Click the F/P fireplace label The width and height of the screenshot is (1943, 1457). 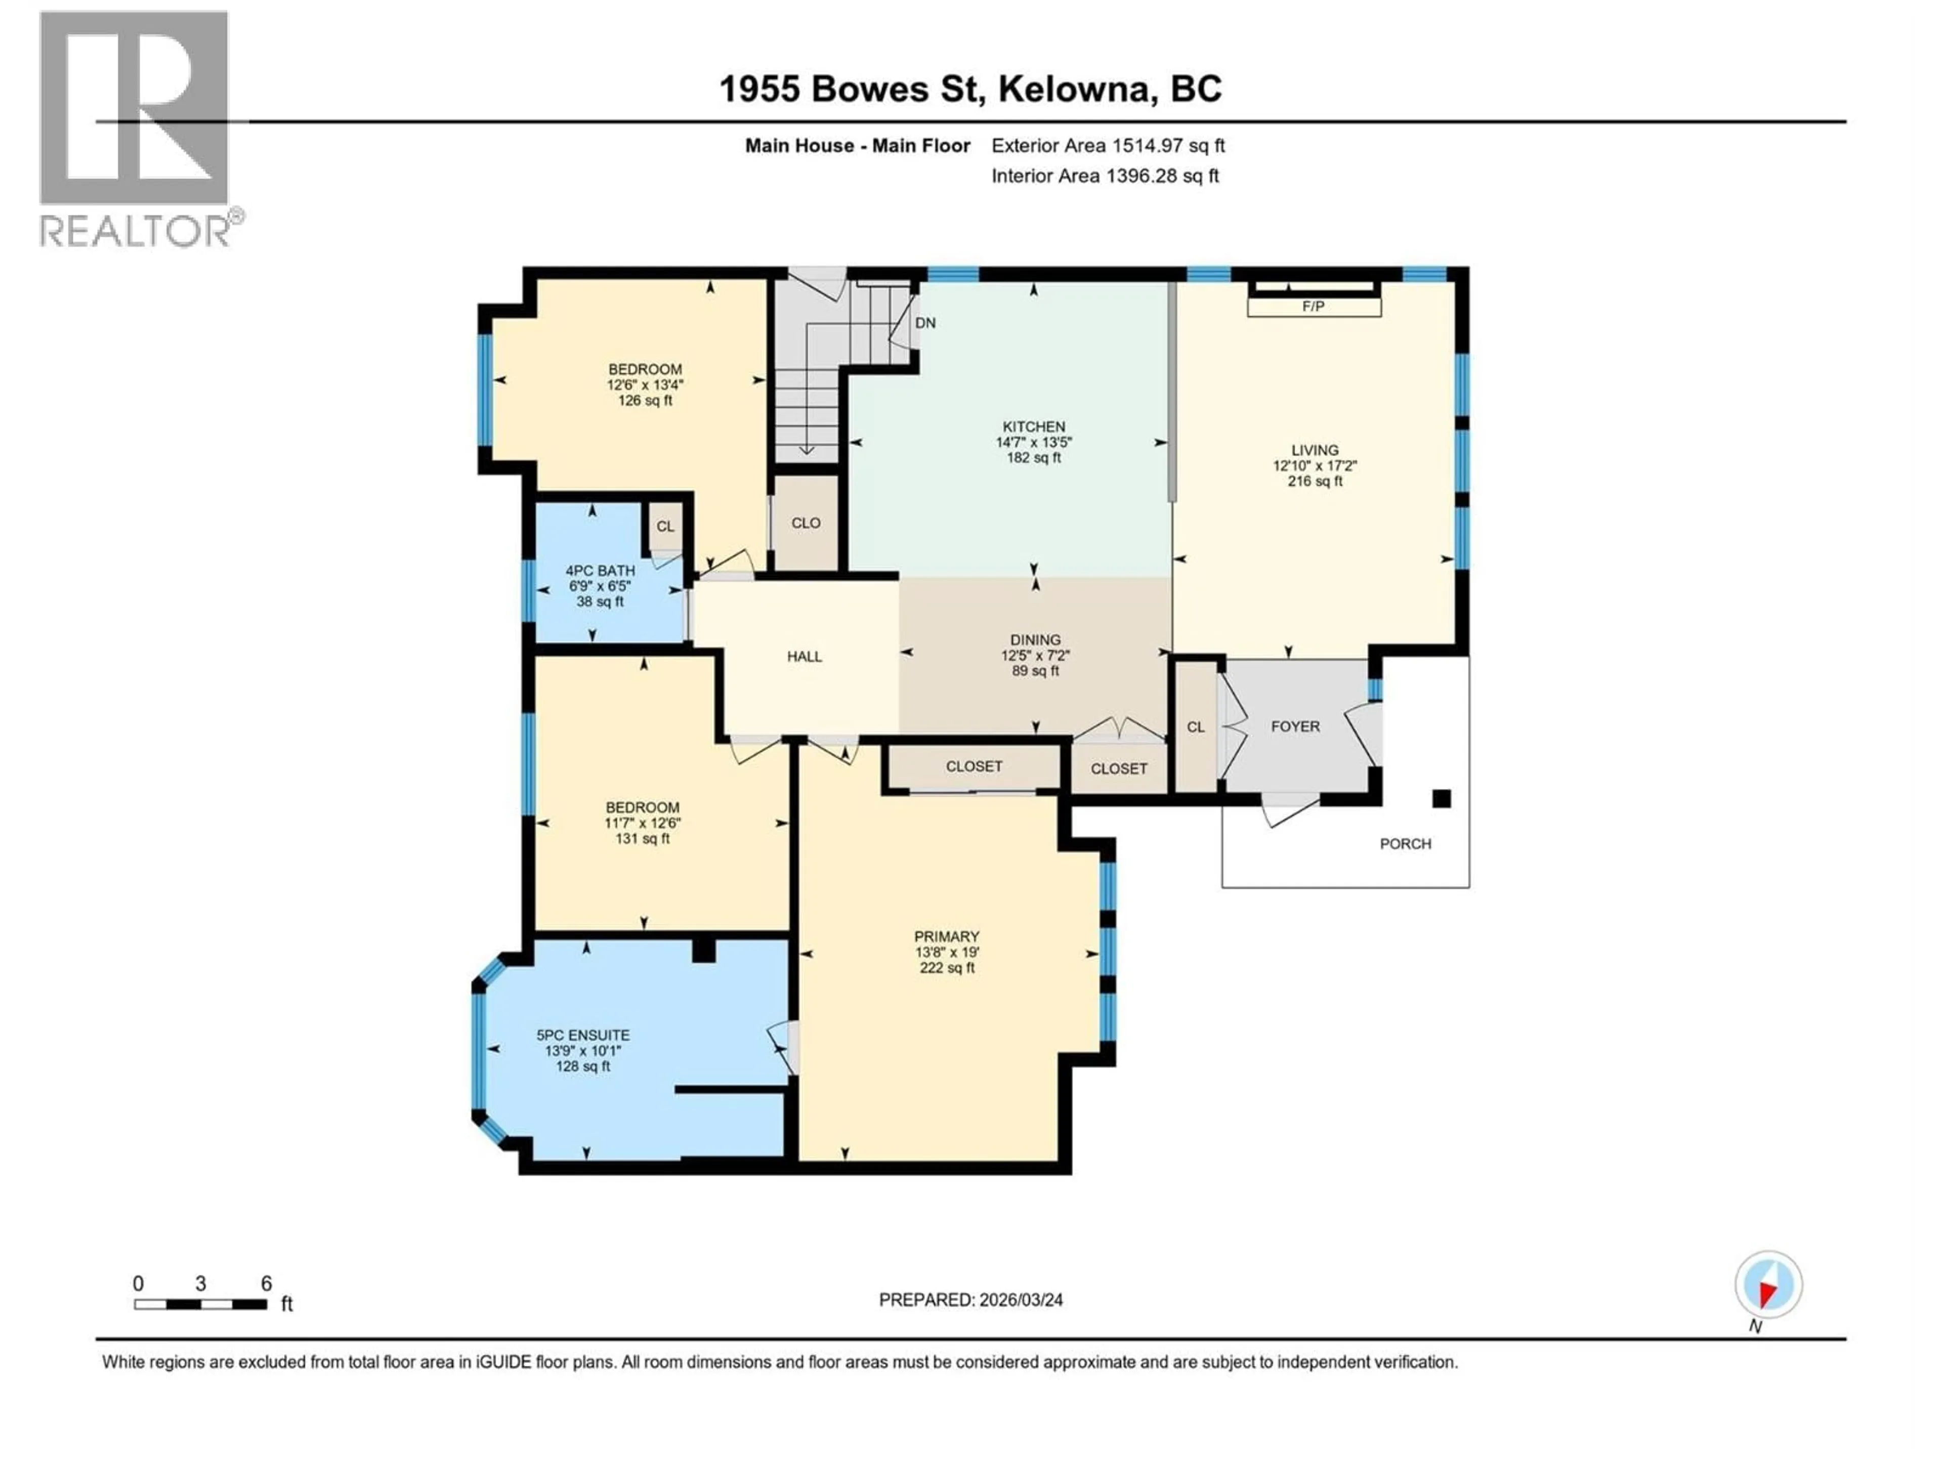(x=1313, y=307)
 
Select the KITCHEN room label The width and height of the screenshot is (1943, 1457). (x=1034, y=427)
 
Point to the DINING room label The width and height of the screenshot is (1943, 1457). (x=1035, y=640)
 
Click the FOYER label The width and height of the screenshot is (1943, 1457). (x=1295, y=726)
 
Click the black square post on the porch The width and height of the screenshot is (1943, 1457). (x=1442, y=798)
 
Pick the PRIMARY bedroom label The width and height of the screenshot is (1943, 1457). (x=946, y=936)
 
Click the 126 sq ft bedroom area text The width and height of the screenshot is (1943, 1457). (x=645, y=401)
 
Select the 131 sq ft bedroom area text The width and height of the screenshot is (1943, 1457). (x=642, y=839)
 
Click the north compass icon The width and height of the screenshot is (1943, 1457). (x=1768, y=1285)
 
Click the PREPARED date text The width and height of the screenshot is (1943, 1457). (x=970, y=1300)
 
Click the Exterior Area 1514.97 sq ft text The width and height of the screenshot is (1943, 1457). (x=1108, y=146)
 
